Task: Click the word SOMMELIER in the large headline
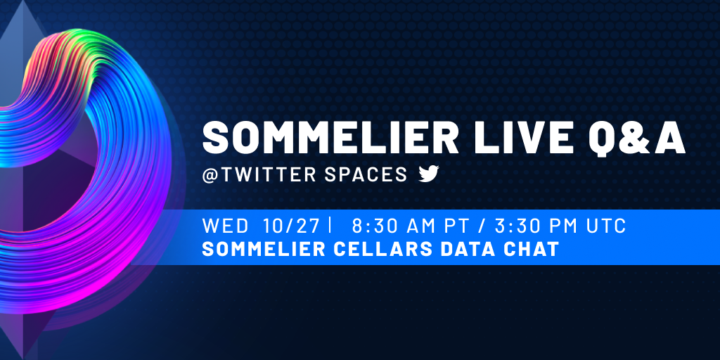pos(330,138)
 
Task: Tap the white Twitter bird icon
pos(429,174)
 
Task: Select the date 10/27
pos(291,226)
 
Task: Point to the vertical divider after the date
pos(330,226)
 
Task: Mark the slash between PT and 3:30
pos(484,226)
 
